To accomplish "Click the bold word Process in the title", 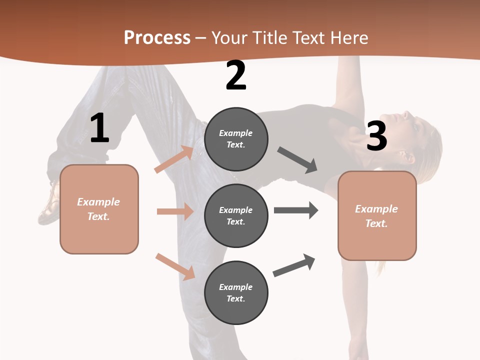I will tap(157, 38).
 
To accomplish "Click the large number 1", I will tap(99, 128).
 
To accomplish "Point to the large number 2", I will tap(236, 75).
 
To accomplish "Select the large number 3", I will tap(376, 136).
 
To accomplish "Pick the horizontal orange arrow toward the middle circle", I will tap(175, 211).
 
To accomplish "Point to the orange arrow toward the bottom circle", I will tap(175, 266).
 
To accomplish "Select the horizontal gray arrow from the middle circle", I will tap(296, 210).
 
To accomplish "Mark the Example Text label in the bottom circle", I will tap(236, 293).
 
